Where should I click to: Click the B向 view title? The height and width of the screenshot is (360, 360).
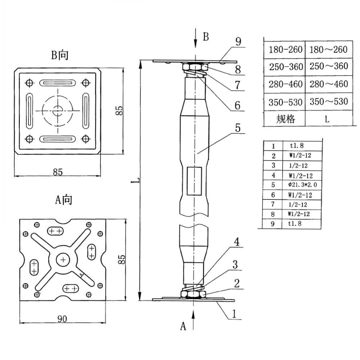click(60, 55)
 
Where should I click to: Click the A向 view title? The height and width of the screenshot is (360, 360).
click(63, 199)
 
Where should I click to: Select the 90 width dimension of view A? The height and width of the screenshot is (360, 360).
click(63, 319)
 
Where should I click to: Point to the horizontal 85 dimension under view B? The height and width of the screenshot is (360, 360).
click(58, 172)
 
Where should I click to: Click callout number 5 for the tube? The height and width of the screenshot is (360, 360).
click(238, 128)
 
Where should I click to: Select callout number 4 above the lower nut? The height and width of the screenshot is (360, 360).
click(237, 242)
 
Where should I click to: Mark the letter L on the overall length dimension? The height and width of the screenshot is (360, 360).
click(134, 180)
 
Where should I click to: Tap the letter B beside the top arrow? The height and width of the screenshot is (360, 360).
click(206, 37)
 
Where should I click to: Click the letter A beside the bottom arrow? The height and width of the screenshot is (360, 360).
click(183, 326)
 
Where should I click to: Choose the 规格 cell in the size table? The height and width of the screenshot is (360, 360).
click(285, 119)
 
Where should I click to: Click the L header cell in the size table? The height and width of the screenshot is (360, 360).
click(327, 119)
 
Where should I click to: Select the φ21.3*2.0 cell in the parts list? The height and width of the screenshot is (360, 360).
click(302, 185)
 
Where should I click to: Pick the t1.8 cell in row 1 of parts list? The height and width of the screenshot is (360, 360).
click(302, 146)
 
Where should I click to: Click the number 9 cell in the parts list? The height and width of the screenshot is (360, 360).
click(273, 224)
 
